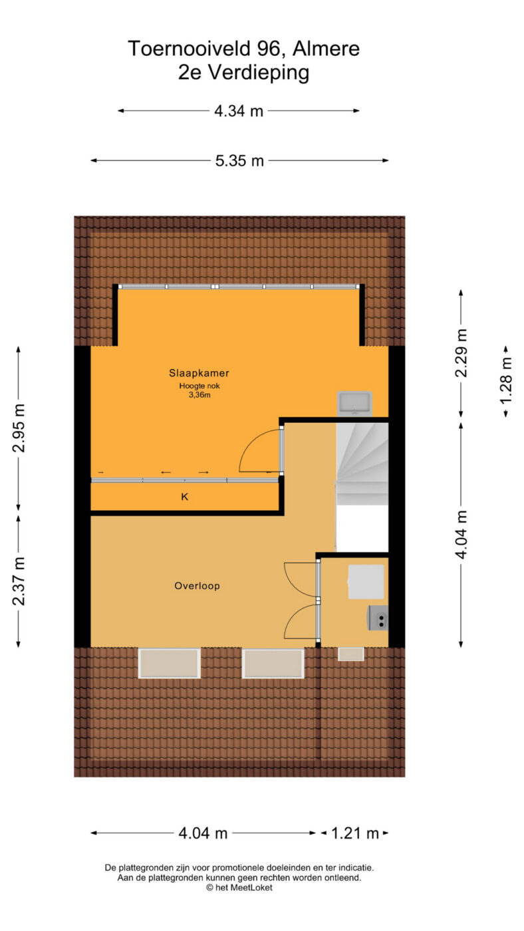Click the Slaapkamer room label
[199, 373]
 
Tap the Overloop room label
[197, 586]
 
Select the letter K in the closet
[184, 496]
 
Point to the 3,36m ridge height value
[199, 395]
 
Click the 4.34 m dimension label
[239, 111]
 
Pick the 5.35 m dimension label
[239, 161]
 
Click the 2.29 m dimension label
[461, 353]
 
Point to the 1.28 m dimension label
[506, 380]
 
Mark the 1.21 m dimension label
[355, 833]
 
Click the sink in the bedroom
[354, 403]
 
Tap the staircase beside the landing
[362, 464]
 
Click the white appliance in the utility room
[366, 581]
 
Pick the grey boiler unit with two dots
[378, 618]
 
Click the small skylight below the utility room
[350, 654]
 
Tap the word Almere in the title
[326, 49]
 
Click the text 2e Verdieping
[243, 72]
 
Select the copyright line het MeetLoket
[239, 887]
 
